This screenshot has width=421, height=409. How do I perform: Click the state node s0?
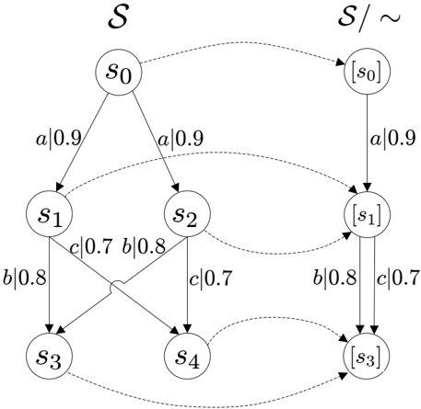point(119,73)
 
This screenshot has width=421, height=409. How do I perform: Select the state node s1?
point(49,214)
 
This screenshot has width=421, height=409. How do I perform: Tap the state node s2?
point(187,214)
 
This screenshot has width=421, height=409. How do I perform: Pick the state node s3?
point(49,356)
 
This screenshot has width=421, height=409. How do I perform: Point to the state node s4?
point(187,356)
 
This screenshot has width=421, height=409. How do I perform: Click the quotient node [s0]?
point(367,73)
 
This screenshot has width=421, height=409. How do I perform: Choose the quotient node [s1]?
point(367,214)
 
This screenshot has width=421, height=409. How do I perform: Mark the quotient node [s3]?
point(367,356)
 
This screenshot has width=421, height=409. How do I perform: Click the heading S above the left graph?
point(118,17)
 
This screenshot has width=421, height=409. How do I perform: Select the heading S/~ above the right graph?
point(369,18)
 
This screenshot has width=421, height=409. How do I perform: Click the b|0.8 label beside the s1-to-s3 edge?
point(25,277)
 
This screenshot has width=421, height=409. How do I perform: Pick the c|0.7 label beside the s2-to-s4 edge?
point(210,278)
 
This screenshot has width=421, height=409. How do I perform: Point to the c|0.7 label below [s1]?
point(398,278)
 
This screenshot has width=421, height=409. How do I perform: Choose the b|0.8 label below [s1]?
point(334,277)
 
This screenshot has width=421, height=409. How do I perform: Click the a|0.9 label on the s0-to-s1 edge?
point(59,138)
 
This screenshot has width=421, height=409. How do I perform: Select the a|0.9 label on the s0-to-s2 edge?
point(181,138)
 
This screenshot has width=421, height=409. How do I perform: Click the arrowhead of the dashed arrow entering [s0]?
point(340,62)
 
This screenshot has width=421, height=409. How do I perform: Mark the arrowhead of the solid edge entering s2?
point(176,187)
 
